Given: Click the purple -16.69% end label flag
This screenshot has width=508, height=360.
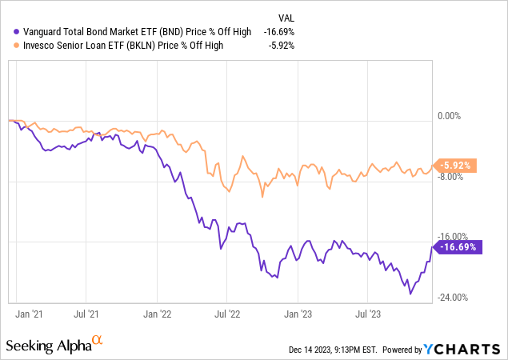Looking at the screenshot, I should click(x=458, y=248).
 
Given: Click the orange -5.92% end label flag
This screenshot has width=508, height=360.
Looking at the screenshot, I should click(x=457, y=166).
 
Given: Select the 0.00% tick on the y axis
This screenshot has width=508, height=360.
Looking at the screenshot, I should click(x=451, y=116).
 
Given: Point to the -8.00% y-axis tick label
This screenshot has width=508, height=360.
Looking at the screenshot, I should click(x=451, y=177).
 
